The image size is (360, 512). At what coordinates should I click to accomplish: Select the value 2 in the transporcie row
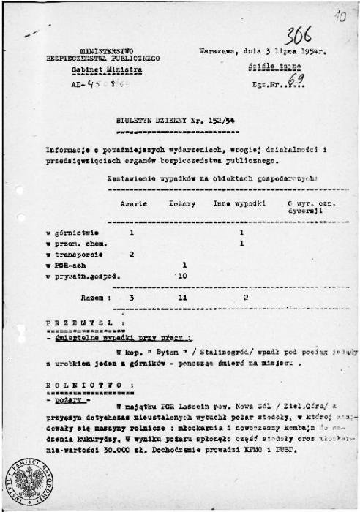click(132, 254)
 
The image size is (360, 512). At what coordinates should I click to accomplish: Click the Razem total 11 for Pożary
click(184, 298)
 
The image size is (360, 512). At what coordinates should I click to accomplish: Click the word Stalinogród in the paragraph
click(188, 352)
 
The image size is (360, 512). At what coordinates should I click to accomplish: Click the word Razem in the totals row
click(92, 298)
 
